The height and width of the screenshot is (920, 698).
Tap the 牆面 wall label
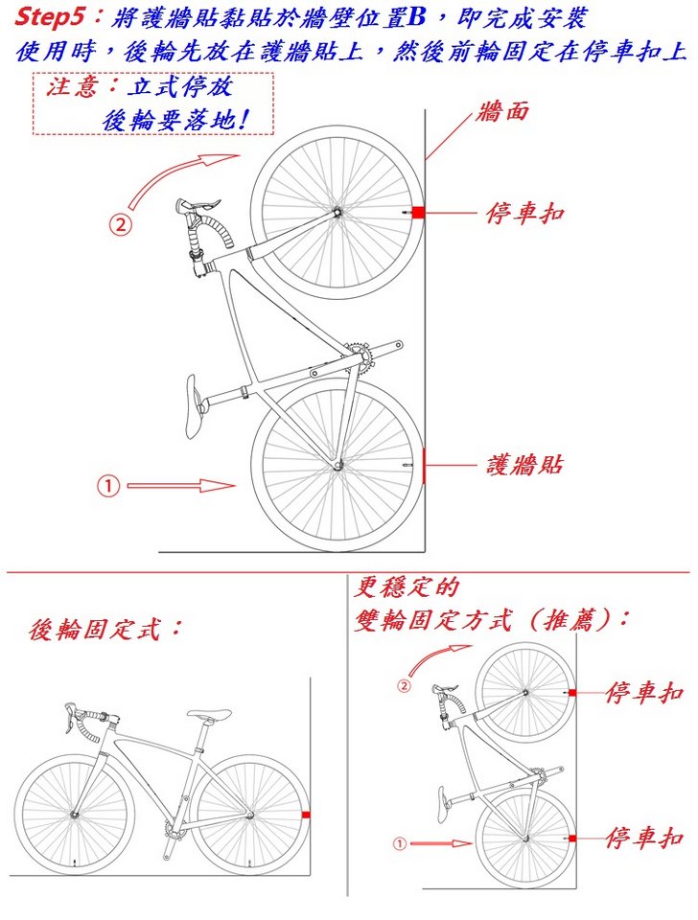tap(502, 111)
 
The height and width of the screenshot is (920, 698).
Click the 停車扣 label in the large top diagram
tap(524, 213)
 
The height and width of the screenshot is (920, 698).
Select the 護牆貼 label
tap(524, 465)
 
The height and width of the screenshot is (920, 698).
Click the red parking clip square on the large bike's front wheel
tap(418, 213)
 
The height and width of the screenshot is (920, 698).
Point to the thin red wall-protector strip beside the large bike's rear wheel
tap(424, 466)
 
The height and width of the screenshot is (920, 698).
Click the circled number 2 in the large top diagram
tap(120, 224)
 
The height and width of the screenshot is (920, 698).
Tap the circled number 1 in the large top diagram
tap(109, 486)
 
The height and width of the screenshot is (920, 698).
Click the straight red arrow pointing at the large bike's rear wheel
tap(181, 486)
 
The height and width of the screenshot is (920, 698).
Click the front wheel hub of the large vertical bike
tap(337, 212)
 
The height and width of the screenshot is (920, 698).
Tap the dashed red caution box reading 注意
tap(153, 103)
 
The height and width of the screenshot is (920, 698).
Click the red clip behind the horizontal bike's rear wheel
tap(306, 815)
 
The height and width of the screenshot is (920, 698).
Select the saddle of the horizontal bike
tap(209, 714)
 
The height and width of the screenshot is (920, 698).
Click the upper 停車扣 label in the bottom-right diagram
tap(644, 692)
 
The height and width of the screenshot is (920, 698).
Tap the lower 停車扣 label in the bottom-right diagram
tap(644, 838)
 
